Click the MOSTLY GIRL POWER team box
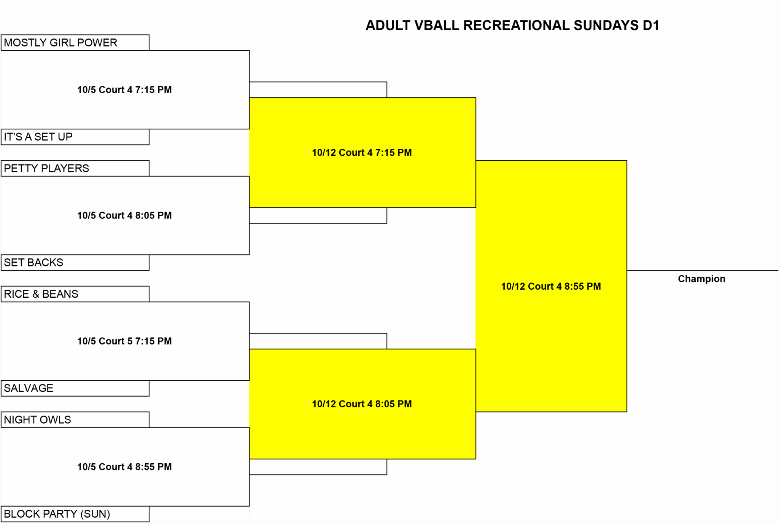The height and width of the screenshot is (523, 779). point(75,43)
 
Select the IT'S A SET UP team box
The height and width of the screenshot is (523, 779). point(75,137)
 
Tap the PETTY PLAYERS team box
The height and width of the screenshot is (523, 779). point(75,168)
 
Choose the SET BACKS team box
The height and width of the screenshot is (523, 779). point(75,263)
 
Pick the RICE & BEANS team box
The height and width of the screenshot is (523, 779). point(75,294)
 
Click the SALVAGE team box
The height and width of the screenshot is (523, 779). point(75,388)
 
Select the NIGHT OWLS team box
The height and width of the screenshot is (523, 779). point(75,420)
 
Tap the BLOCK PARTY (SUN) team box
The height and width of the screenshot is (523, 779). point(75,514)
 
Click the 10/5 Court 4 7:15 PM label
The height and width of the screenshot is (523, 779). point(124,90)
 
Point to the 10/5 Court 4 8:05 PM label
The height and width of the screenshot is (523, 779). point(124,215)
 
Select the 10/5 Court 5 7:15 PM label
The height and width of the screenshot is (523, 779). point(124,341)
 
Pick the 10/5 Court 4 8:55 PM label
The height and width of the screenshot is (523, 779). point(124,467)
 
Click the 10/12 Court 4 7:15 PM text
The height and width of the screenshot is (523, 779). point(362,153)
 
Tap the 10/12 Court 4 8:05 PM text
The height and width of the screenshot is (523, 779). point(362,404)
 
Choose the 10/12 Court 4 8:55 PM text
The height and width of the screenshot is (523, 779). point(551,286)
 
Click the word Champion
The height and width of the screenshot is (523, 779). point(701,279)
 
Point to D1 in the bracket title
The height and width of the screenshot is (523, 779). point(651,26)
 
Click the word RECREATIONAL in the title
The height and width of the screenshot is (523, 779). point(517,26)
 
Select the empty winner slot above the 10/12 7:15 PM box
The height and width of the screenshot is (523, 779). point(318,90)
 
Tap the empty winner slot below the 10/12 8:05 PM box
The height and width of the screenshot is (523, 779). point(318,467)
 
